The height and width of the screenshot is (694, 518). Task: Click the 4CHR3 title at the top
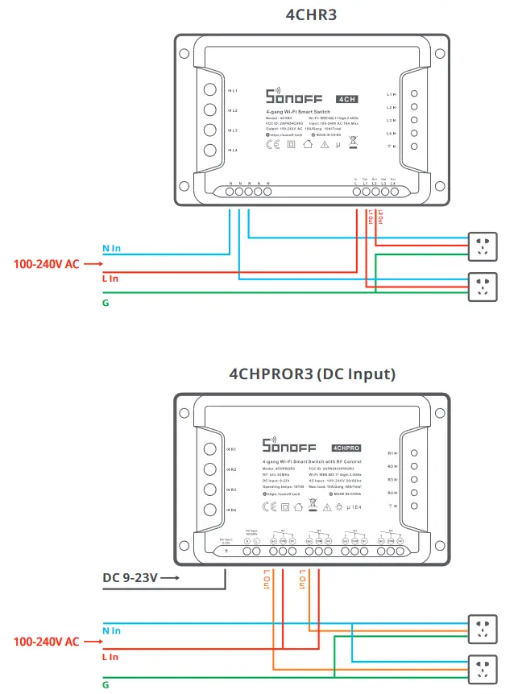(312, 15)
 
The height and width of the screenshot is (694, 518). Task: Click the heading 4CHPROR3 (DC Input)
(313, 374)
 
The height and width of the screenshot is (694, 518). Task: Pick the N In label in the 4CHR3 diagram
(111, 250)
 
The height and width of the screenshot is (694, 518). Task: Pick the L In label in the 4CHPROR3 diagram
(110, 657)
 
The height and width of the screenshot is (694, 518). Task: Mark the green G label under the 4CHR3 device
(106, 303)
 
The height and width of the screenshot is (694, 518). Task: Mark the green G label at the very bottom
(106, 684)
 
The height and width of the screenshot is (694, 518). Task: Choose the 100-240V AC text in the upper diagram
(46, 263)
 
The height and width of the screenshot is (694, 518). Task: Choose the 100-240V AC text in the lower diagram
(46, 642)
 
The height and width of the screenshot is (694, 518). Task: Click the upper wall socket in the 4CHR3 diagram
(483, 246)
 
